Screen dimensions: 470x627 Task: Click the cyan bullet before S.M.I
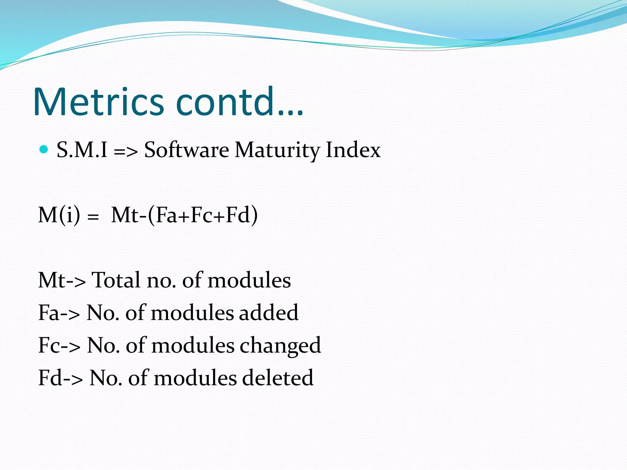point(44,149)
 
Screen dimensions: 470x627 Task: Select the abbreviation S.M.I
point(82,150)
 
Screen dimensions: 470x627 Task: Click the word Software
point(186,150)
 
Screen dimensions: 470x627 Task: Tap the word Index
point(353,150)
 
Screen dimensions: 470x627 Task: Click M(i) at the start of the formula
point(59,215)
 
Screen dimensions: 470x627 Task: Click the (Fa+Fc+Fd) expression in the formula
point(203,215)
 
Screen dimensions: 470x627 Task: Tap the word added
point(268,313)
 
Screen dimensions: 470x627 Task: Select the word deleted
point(278,378)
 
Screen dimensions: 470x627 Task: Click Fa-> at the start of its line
point(59,313)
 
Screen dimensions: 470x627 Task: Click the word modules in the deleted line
point(195,378)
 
